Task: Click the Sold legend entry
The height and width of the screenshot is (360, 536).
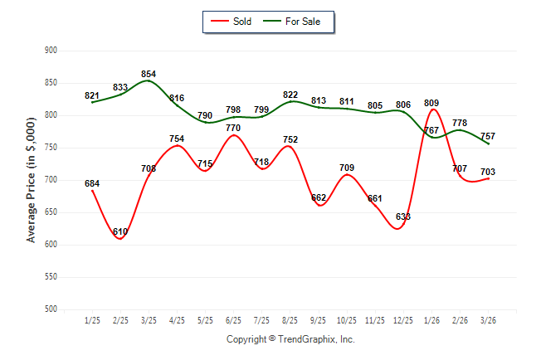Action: [x=231, y=22]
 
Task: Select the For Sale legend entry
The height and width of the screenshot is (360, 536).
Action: [x=291, y=22]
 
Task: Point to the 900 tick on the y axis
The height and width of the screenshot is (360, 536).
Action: [x=51, y=51]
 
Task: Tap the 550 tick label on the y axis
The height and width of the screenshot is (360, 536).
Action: [x=51, y=276]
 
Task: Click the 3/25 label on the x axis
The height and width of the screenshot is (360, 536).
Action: [x=149, y=320]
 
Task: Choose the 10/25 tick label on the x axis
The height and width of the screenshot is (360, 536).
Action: [x=347, y=320]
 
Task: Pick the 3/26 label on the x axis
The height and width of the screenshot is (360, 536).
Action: [x=488, y=320]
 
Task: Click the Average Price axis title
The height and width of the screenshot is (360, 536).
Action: [x=31, y=180]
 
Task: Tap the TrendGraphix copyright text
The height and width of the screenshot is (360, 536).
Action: [x=290, y=339]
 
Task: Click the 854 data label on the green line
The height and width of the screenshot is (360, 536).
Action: [x=149, y=74]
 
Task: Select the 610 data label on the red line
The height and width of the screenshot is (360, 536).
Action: [x=120, y=231]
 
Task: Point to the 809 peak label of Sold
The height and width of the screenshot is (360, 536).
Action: [x=431, y=103]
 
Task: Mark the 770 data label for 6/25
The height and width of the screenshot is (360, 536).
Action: [x=233, y=128]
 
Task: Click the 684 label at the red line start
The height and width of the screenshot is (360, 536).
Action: [x=92, y=183]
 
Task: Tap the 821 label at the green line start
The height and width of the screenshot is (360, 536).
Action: [x=92, y=95]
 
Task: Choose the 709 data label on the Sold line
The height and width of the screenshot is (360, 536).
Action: [x=347, y=168]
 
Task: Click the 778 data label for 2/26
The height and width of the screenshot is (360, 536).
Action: [x=460, y=123]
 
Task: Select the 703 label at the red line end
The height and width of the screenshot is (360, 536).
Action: [x=488, y=172]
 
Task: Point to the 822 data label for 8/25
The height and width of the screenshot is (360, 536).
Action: [x=290, y=95]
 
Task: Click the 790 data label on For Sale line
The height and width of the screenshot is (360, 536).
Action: [x=205, y=115]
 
